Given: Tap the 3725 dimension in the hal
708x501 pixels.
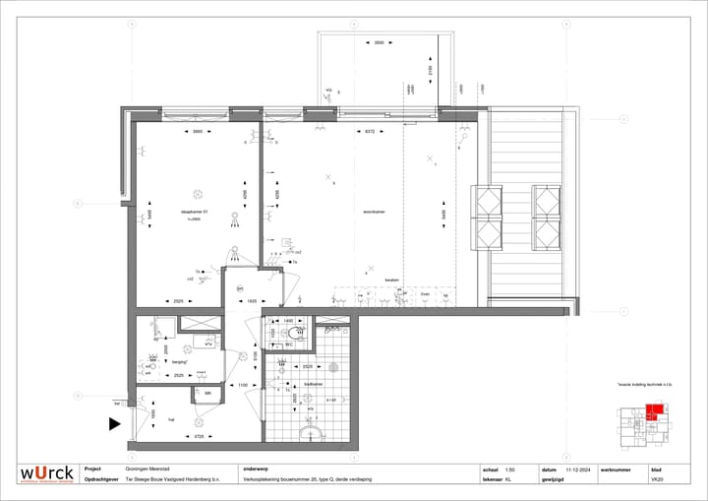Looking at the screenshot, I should [198, 435].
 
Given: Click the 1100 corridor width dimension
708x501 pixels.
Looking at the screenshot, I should [244, 385].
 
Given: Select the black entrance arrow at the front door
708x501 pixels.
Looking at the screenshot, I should [113, 425].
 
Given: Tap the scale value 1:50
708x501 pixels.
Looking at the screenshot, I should [509, 470].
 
